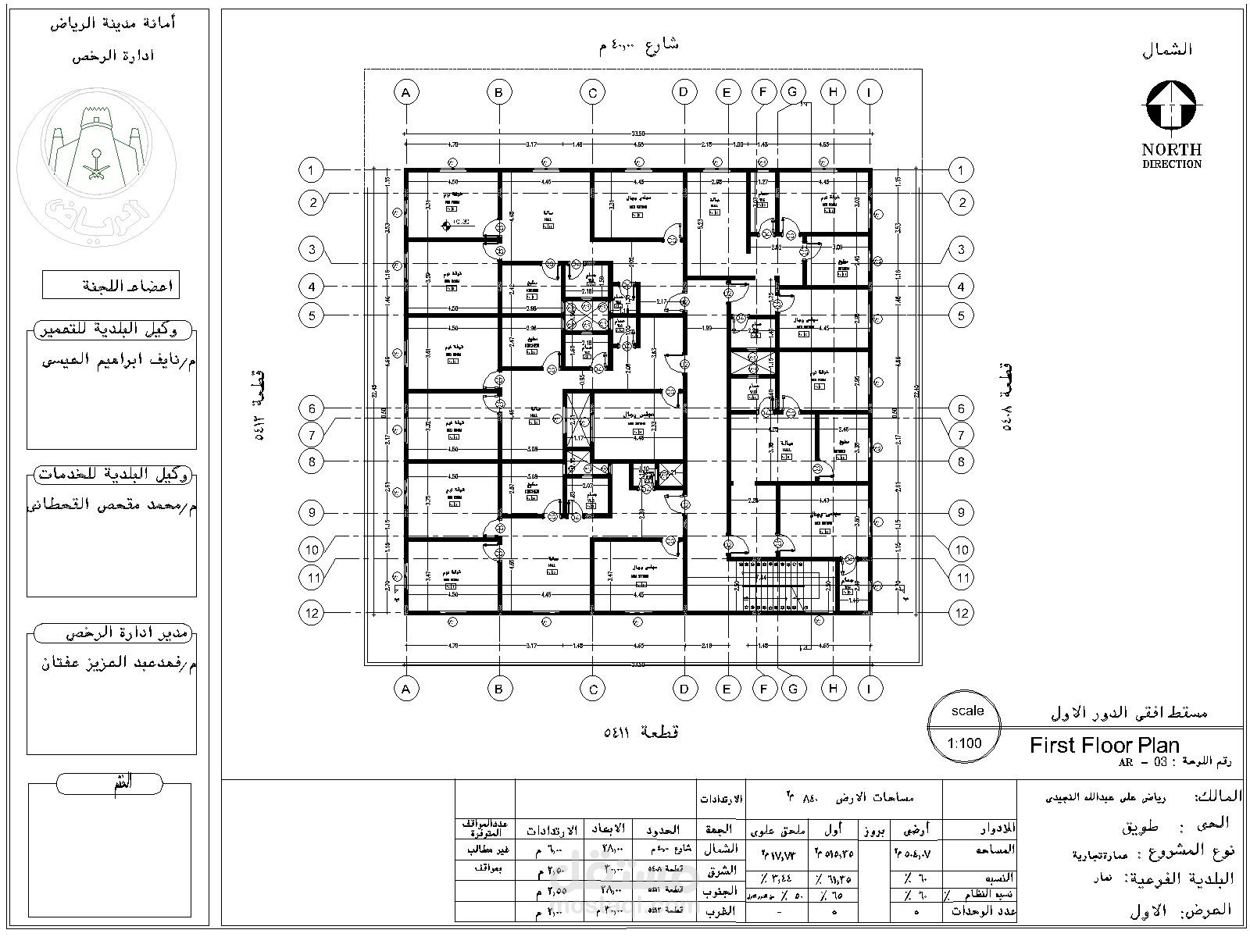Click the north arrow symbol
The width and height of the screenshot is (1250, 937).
point(1171,105)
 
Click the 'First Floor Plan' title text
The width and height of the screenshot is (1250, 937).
point(1104,745)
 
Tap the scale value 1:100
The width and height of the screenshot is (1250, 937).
point(964,743)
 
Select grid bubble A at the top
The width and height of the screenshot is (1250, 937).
point(405,93)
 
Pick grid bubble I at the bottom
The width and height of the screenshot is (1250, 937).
point(869,688)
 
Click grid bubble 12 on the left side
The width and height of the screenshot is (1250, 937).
point(312,613)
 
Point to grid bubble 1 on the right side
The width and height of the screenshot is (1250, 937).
point(961,170)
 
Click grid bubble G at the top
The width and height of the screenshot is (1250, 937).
point(793,92)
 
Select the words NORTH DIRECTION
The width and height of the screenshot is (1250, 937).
point(1171,155)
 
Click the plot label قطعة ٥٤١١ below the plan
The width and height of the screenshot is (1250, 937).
point(641,732)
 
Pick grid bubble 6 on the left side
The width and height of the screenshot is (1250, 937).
point(312,408)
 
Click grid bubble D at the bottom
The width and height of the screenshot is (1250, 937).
point(684,689)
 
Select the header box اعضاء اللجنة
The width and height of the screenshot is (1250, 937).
point(111,285)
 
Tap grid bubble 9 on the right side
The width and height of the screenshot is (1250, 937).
point(961,513)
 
